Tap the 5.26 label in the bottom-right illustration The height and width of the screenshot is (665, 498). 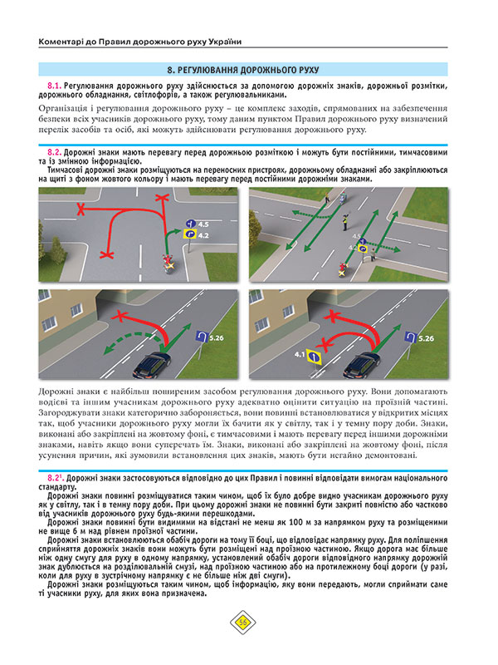pyautogui.click(x=427, y=338)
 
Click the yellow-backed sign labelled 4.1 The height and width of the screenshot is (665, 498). pyautogui.click(x=314, y=356)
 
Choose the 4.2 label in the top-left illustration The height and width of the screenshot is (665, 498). pyautogui.click(x=203, y=236)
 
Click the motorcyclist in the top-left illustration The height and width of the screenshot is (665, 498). pyautogui.click(x=169, y=263)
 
